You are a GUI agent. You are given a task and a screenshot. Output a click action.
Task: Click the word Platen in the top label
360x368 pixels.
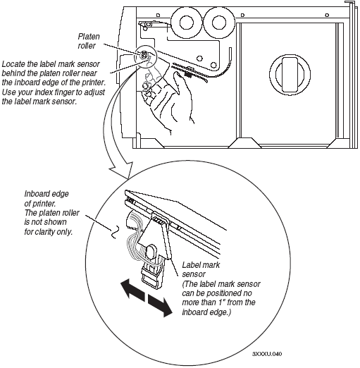click(89, 37)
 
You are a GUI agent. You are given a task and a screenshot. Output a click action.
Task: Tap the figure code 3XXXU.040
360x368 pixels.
click(267, 354)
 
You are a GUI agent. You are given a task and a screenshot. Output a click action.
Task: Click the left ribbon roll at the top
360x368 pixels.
click(187, 23)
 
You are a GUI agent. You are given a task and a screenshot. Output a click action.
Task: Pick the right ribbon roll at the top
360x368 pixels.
click(219, 23)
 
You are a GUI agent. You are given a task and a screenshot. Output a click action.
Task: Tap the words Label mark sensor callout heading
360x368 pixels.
click(201, 269)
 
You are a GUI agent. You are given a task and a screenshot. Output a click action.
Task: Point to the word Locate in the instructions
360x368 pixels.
click(13, 64)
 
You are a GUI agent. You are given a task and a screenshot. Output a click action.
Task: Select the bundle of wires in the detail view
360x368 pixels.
click(136, 238)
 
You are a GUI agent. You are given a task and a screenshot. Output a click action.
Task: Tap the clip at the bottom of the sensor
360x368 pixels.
click(151, 276)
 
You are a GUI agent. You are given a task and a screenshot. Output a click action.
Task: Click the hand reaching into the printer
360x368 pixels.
click(167, 100)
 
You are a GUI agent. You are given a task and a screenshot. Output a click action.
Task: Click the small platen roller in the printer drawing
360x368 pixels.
click(144, 55)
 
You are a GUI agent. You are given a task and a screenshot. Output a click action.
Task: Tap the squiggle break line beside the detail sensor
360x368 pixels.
click(114, 232)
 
